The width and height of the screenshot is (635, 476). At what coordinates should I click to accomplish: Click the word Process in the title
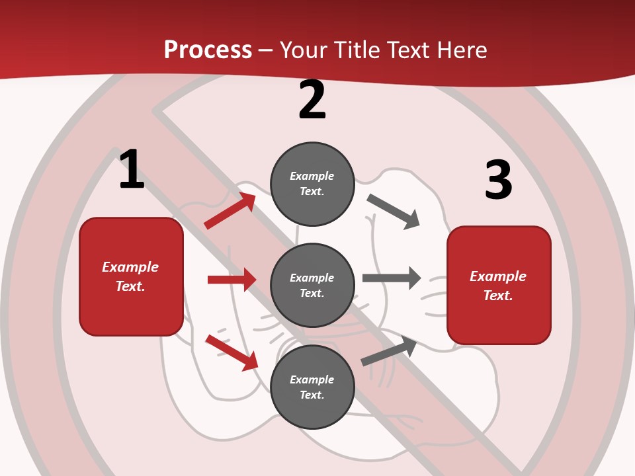click(208, 50)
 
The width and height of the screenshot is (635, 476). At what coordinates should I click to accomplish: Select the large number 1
click(132, 170)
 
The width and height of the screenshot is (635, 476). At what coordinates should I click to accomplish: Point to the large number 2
click(312, 100)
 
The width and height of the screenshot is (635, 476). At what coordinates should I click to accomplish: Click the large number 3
click(498, 180)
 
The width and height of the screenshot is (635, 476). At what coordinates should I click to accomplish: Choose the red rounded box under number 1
click(131, 276)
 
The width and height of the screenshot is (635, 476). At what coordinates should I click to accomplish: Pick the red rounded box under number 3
click(499, 286)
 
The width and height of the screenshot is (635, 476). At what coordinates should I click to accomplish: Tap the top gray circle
click(312, 184)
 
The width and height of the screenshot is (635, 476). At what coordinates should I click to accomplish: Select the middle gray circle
click(312, 285)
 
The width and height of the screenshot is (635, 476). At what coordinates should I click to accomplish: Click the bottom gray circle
click(312, 387)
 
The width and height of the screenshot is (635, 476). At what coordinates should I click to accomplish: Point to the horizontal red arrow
click(232, 280)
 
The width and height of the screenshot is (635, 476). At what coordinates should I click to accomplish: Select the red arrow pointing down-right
click(232, 352)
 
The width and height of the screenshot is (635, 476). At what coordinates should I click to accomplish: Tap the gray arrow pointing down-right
click(393, 211)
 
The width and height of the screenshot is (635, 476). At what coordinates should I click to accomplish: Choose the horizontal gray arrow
click(392, 278)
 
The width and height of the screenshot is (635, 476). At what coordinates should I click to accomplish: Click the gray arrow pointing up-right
click(389, 351)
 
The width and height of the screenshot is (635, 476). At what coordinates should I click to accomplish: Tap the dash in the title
click(265, 50)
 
